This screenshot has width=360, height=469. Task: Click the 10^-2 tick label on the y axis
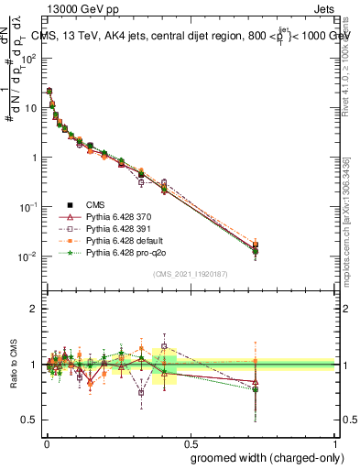pyautogui.click(x=29, y=256)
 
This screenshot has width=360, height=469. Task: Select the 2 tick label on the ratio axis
pyautogui.click(x=36, y=309)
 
